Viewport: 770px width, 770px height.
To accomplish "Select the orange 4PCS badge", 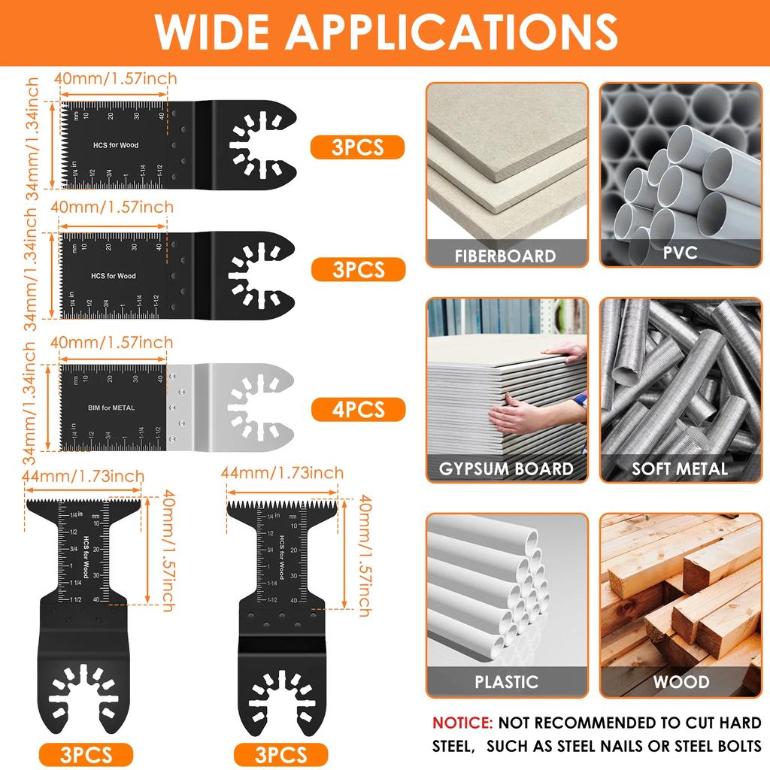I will pyautogui.click(x=358, y=409).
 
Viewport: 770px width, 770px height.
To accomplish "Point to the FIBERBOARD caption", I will pyautogui.click(x=505, y=256).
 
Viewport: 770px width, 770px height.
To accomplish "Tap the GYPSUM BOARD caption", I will pyautogui.click(x=505, y=469).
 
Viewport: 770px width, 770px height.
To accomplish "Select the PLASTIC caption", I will pyautogui.click(x=505, y=682).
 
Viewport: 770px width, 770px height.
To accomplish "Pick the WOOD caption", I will pyautogui.click(x=681, y=682).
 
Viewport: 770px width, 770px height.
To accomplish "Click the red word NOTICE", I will pyautogui.click(x=462, y=723).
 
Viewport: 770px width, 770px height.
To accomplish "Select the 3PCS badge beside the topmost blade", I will pyautogui.click(x=358, y=147).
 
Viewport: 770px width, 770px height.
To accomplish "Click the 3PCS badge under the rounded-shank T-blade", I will pyautogui.click(x=86, y=753).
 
